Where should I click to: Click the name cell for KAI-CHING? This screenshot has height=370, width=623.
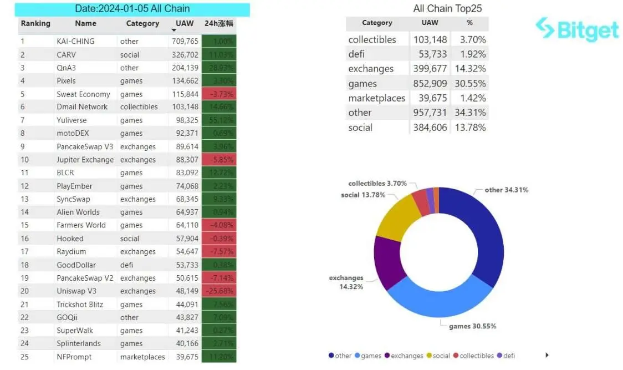click(75, 41)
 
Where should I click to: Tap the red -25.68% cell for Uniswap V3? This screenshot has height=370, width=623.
click(219, 291)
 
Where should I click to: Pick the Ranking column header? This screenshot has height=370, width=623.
click(35, 24)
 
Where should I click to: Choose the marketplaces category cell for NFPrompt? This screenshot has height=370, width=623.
click(142, 357)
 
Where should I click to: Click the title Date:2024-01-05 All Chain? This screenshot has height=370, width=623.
click(132, 9)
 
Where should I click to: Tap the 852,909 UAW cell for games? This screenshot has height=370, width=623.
click(430, 84)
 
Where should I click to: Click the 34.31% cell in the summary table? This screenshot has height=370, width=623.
click(469, 113)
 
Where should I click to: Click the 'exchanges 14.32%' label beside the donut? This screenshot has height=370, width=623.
click(346, 282)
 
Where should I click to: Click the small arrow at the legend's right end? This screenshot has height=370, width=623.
click(547, 355)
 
